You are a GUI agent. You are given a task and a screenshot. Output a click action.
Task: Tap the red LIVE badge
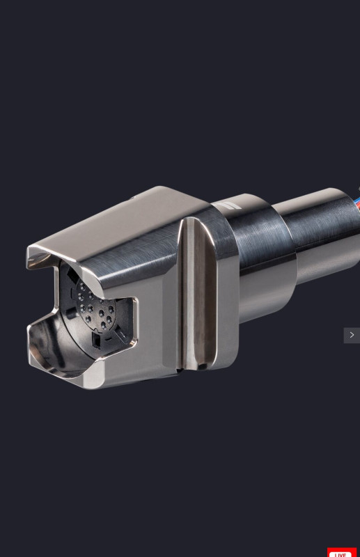click(341, 552)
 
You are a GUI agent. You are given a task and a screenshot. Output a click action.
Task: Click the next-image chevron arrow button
click(352, 335)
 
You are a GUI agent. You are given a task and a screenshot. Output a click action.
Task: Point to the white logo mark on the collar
click(228, 206)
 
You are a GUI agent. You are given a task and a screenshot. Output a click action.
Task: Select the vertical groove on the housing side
click(196, 293)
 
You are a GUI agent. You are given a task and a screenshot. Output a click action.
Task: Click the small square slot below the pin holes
click(96, 340)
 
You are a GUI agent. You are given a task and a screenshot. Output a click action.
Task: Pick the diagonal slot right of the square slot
click(121, 335)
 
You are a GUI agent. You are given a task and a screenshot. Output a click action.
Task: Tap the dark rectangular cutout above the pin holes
click(72, 275)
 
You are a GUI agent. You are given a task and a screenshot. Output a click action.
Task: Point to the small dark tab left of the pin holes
click(70, 313)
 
